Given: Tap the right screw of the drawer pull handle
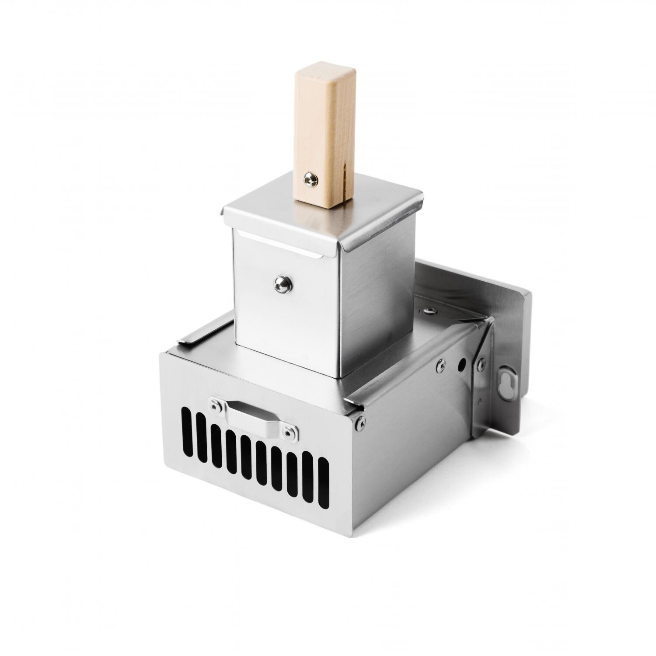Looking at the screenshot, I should pos(288,433).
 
